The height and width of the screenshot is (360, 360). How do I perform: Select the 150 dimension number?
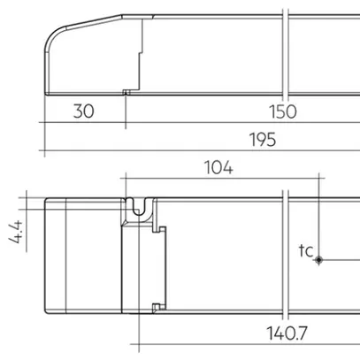click(x=285, y=113)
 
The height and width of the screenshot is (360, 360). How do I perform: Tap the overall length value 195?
click(x=262, y=140)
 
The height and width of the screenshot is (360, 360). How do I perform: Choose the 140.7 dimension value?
click(x=284, y=334)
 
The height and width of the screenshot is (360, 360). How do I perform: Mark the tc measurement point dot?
click(x=320, y=259)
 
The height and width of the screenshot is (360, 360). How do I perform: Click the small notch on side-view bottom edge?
click(x=126, y=91)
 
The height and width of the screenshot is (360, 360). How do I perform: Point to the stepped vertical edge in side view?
click(x=140, y=53)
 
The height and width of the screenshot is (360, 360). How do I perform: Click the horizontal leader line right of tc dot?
click(x=341, y=259)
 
